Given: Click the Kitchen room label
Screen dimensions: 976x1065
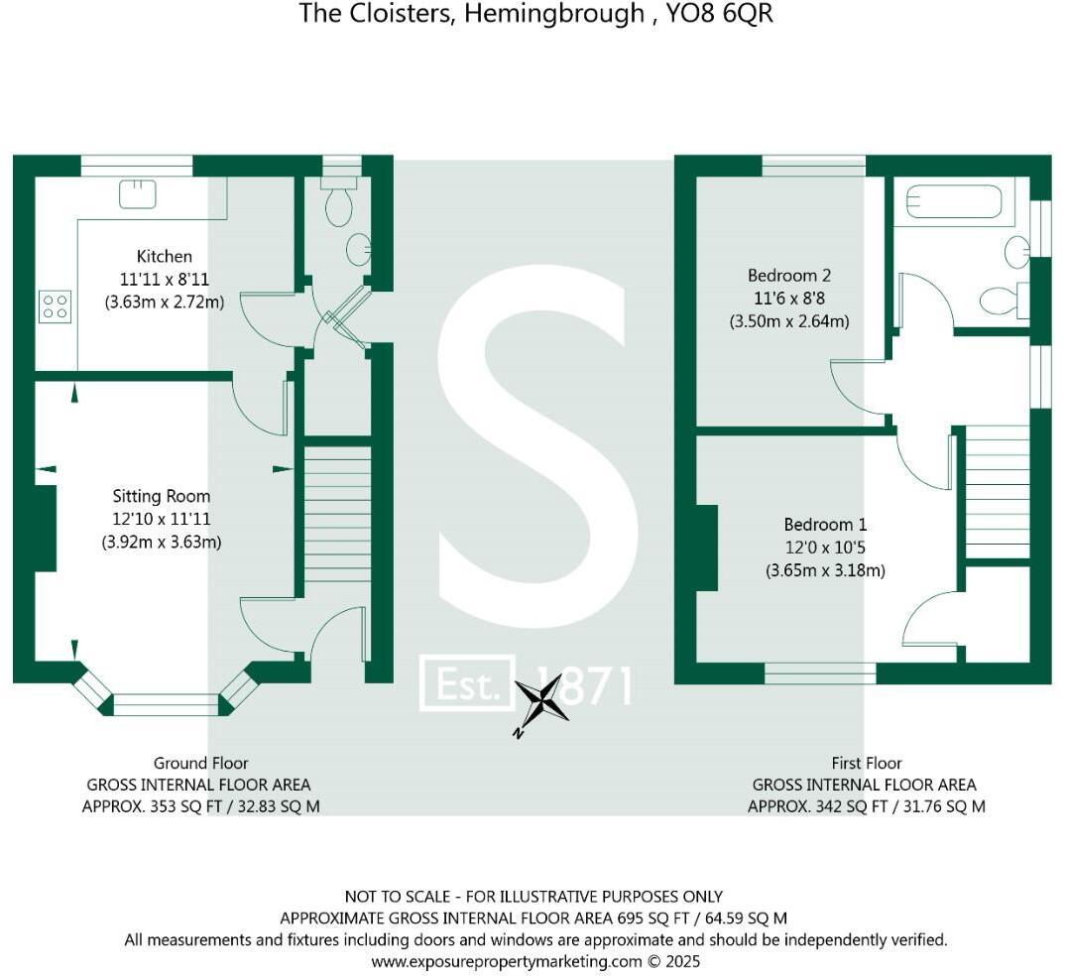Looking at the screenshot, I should [x=165, y=257].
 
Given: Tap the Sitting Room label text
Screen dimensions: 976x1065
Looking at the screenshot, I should [x=161, y=496].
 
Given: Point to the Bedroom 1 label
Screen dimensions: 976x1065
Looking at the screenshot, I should [x=824, y=524].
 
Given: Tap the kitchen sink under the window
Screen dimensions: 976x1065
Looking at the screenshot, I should [x=138, y=192].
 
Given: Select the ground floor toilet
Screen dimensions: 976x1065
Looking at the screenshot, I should [x=339, y=202].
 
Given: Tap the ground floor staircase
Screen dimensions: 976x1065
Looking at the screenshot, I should [x=337, y=516].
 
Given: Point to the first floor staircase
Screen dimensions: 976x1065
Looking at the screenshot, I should [x=997, y=492].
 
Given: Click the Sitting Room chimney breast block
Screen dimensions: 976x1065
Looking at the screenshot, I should [x=45, y=527].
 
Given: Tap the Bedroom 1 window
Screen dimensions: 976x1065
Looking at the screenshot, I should [x=820, y=673].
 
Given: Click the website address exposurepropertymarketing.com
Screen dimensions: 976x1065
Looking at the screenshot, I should [x=507, y=961].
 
